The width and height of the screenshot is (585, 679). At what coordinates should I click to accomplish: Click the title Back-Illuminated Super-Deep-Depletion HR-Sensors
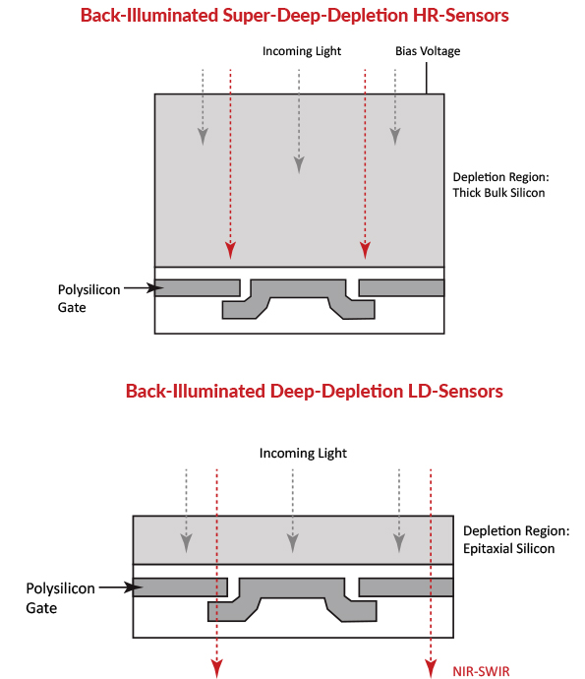tap(294, 16)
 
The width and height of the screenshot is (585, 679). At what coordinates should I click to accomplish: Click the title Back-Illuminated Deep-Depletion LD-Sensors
tap(315, 391)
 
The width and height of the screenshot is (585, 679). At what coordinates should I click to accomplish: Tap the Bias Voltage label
tap(428, 51)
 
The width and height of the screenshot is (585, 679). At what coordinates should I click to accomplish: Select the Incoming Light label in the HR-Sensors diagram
tap(302, 51)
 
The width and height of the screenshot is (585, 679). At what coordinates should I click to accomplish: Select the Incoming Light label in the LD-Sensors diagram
tap(303, 453)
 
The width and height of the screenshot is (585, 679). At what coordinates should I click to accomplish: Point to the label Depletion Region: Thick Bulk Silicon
tap(500, 185)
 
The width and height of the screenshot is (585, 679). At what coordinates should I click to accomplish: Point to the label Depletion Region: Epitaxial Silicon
tap(516, 539)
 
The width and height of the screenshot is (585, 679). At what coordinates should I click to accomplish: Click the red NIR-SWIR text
tap(481, 671)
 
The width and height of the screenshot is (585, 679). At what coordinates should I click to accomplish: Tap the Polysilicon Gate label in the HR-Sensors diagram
tap(88, 298)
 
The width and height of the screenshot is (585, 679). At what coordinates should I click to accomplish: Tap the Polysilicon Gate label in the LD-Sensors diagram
tap(60, 598)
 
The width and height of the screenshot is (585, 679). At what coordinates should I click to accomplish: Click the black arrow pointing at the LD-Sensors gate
tap(121, 587)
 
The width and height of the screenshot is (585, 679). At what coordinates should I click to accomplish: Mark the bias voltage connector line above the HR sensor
tap(426, 78)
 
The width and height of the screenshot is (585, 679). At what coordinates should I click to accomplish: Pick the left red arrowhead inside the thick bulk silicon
tap(230, 250)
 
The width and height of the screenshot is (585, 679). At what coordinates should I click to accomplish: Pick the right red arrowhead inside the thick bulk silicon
tap(365, 250)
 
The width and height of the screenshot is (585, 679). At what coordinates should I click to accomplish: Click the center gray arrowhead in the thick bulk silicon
tap(299, 165)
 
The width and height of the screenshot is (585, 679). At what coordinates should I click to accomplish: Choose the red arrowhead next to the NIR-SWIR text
tap(431, 668)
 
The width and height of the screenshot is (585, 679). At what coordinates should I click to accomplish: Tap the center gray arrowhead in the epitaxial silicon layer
tap(293, 543)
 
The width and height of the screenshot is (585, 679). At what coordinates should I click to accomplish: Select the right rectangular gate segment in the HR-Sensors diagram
tap(401, 288)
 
